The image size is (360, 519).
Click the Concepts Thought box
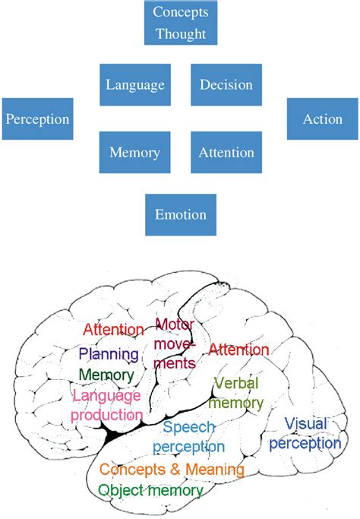pyautogui.click(x=181, y=23)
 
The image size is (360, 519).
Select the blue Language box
pyautogui.click(x=135, y=85)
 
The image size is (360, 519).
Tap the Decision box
pyautogui.click(x=226, y=85)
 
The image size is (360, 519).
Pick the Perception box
pyautogui.click(x=38, y=119)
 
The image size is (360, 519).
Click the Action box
pyautogui.click(x=323, y=119)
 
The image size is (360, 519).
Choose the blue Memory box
pyautogui.click(x=135, y=152)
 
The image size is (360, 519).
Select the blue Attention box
pyautogui.click(x=226, y=152)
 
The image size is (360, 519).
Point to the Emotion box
pyautogui.click(x=181, y=215)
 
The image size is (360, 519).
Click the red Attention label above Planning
pyautogui.click(x=113, y=330)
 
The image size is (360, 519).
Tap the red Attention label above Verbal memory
pyautogui.click(x=238, y=350)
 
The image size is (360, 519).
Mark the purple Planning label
pyautogui.click(x=109, y=355)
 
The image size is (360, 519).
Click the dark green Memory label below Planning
pyautogui.click(x=106, y=375)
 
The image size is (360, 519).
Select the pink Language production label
pyautogui.click(x=107, y=406)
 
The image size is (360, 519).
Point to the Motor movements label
pyautogui.click(x=175, y=344)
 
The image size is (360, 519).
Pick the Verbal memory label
pyautogui.click(x=236, y=394)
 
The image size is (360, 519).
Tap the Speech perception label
pyautogui.click(x=189, y=437)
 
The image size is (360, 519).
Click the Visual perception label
pyautogui.click(x=305, y=434)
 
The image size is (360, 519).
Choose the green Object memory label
pyautogui.click(x=151, y=491)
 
